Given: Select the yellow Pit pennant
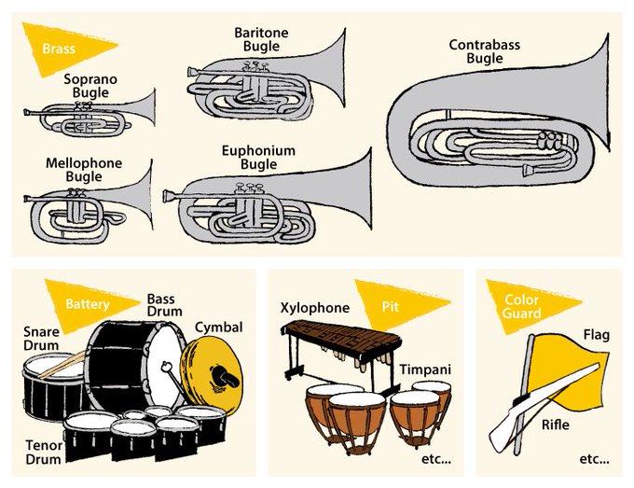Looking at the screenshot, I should tap(396, 304).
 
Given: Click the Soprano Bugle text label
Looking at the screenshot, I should tap(90, 87).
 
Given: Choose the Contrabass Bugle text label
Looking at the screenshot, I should tap(484, 51).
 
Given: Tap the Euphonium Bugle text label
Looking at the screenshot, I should tap(258, 158).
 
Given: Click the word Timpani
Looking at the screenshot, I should tap(425, 370).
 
